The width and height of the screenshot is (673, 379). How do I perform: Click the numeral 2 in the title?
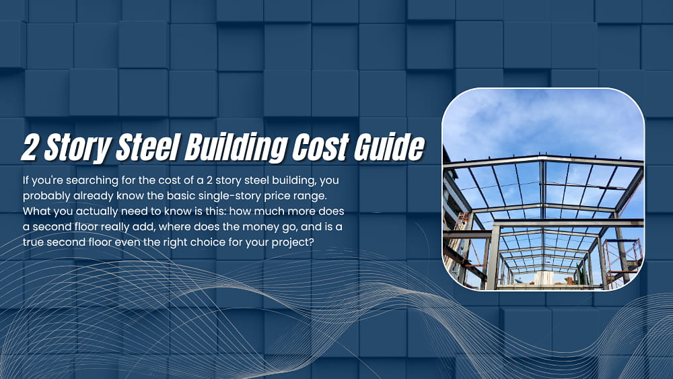point(29,147)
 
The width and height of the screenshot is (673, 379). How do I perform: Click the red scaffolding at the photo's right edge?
point(623,259)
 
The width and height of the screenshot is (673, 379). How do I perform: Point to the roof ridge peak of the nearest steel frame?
point(542,160)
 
